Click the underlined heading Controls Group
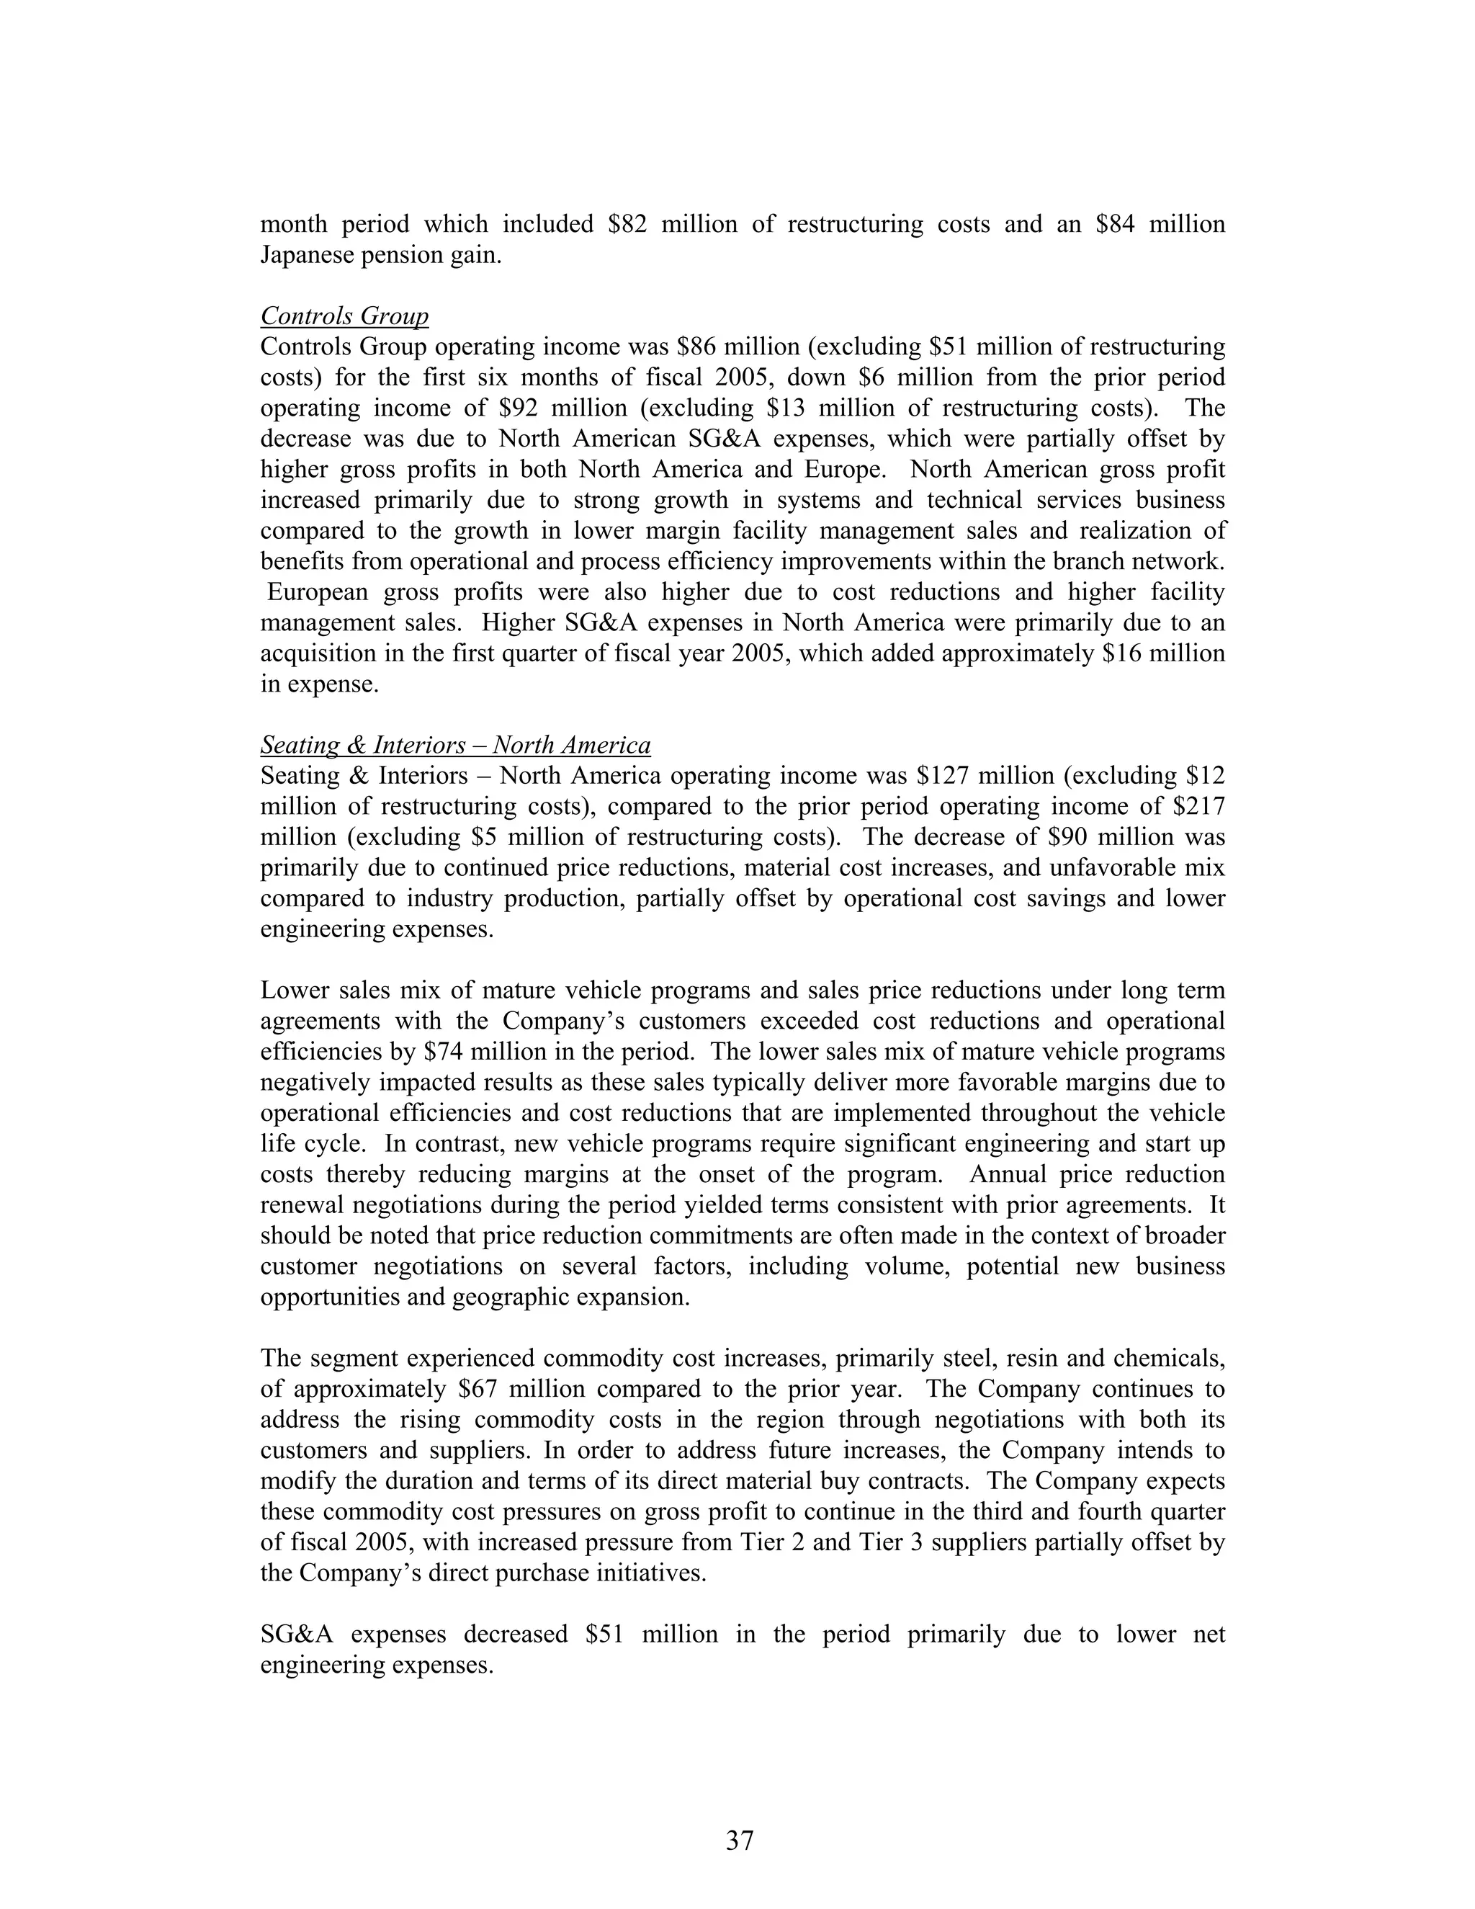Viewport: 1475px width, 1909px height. [344, 316]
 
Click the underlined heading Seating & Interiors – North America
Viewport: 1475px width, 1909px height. [455, 745]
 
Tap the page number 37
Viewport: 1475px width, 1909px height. [738, 1840]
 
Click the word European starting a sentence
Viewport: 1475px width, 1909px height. [318, 591]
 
